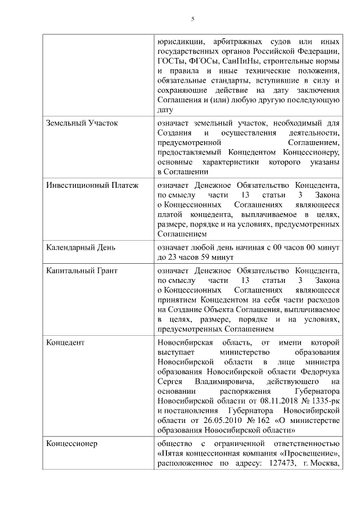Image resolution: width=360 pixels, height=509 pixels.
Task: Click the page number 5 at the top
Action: (193, 19)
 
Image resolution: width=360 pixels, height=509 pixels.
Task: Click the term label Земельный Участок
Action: (82, 123)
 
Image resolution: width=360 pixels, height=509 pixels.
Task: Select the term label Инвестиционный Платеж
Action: (92, 184)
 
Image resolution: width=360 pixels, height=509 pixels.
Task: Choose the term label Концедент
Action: (65, 343)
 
